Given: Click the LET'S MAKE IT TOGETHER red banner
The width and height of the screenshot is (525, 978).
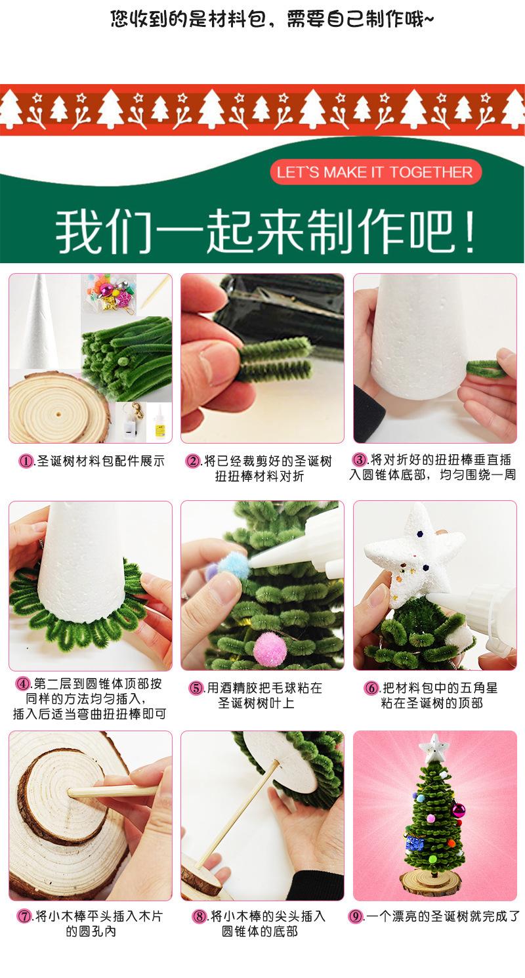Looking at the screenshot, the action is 376,172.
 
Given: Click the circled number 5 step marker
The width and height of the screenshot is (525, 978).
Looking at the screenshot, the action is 196,689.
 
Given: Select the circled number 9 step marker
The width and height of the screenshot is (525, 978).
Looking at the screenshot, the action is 356,916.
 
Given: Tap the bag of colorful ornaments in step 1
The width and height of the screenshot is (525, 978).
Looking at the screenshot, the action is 109,292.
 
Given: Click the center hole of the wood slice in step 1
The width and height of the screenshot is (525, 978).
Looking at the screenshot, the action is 58,413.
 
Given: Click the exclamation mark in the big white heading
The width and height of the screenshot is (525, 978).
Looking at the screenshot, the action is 470,231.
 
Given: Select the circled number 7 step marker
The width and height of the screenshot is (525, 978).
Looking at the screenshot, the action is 24,916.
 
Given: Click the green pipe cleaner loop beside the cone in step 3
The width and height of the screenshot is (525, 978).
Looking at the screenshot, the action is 485,368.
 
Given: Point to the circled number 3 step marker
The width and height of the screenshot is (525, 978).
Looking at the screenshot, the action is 360,459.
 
